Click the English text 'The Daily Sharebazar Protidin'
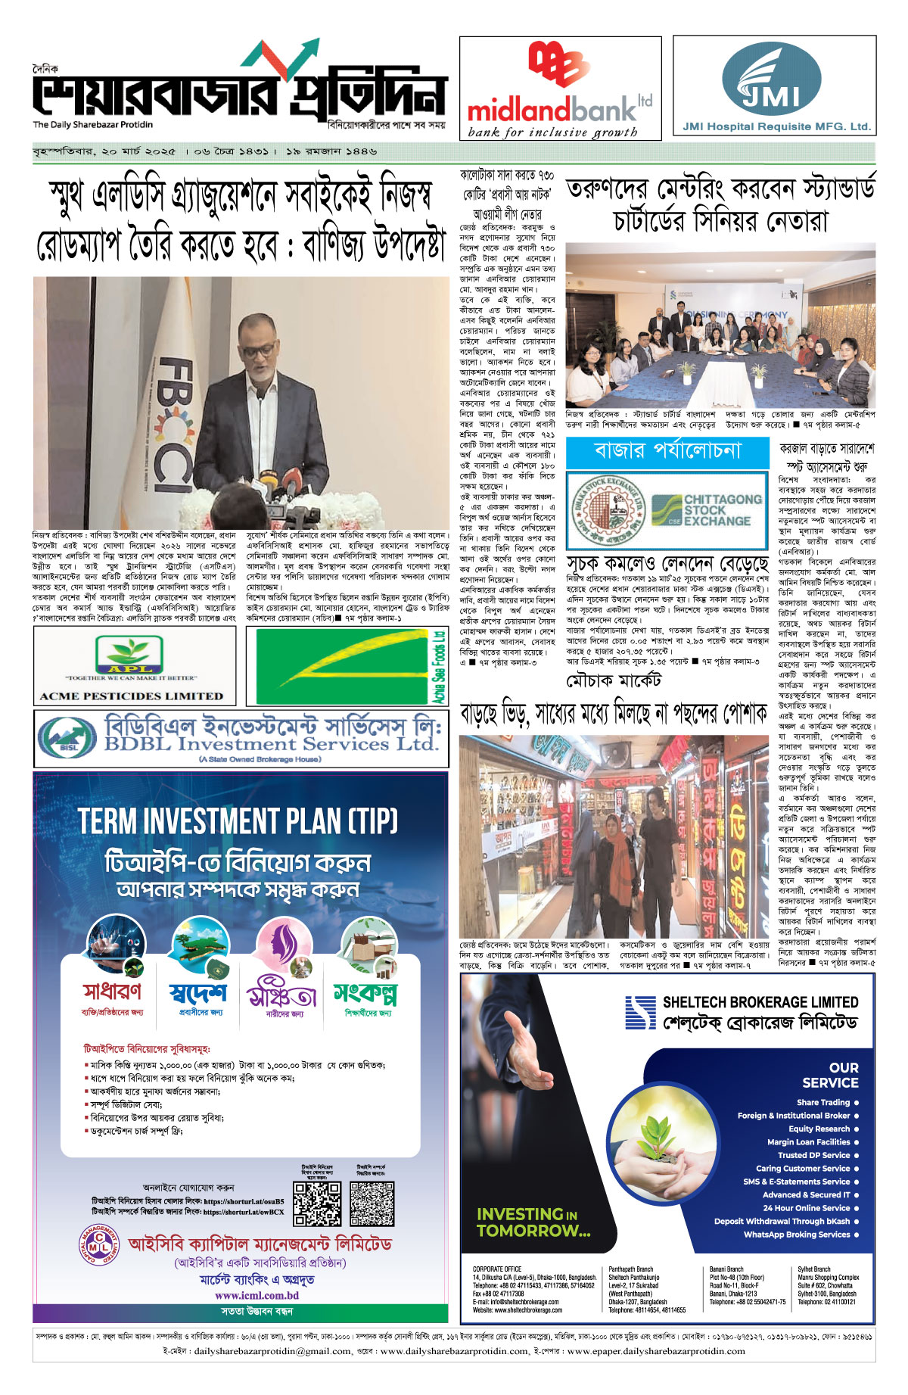click(92, 125)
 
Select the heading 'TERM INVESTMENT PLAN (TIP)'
click(238, 821)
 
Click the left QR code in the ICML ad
click(317, 1203)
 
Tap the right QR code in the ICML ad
click(372, 1203)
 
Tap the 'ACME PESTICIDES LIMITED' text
click(132, 696)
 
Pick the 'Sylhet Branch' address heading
click(813, 1269)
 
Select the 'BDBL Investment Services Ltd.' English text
click(271, 743)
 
